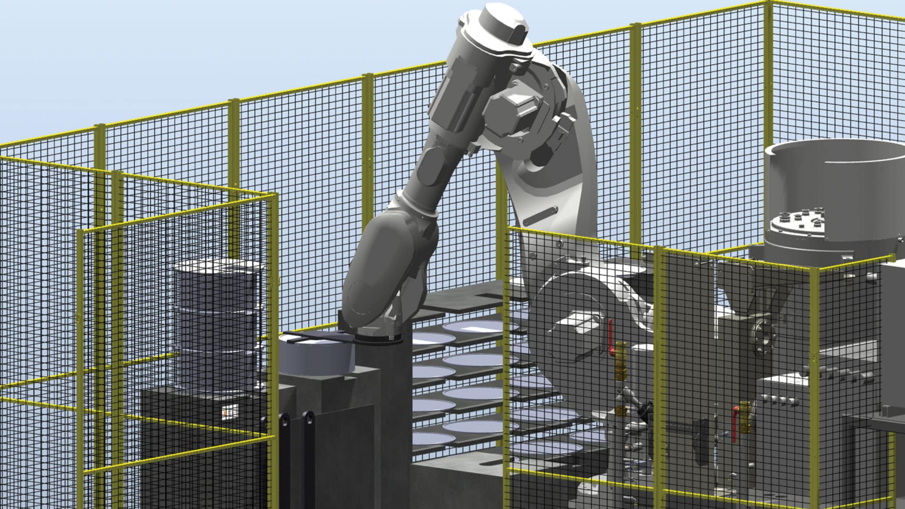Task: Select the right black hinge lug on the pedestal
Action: tap(308, 437)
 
